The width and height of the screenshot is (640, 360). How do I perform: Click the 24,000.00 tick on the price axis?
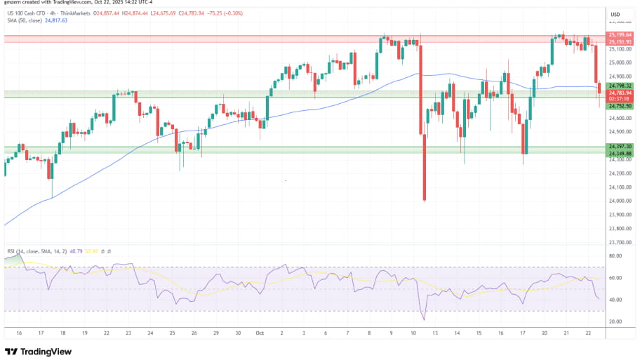pyautogui.click(x=618, y=201)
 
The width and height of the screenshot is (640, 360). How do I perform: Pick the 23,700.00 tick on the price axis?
pyautogui.click(x=618, y=242)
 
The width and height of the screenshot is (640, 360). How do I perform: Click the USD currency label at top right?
pyautogui.click(x=615, y=15)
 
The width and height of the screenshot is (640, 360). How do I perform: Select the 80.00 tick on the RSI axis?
pyautogui.click(x=615, y=257)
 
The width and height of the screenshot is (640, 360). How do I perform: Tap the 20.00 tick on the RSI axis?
pyautogui.click(x=615, y=321)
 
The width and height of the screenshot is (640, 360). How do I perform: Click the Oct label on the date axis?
pyautogui.click(x=260, y=333)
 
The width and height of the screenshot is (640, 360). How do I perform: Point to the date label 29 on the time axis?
pyautogui.click(x=217, y=333)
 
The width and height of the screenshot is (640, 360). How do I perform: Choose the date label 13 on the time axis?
pyautogui.click(x=435, y=333)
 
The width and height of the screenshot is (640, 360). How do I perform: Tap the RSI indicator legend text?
pyautogui.click(x=35, y=251)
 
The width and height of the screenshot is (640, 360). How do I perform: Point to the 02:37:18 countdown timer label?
pyautogui.click(x=618, y=99)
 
